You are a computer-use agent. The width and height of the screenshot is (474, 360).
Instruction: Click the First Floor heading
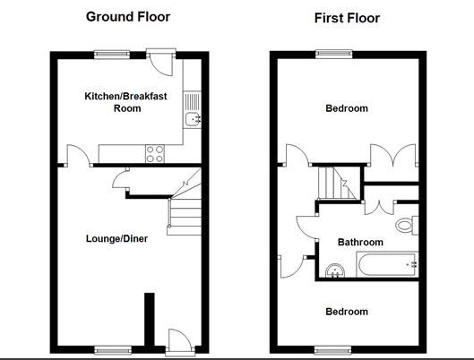point(347,18)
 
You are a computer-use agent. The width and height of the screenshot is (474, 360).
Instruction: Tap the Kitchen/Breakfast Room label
point(126,101)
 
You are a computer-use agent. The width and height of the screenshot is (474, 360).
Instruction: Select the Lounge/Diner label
point(116,239)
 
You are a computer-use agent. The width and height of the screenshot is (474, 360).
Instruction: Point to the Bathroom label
point(360,242)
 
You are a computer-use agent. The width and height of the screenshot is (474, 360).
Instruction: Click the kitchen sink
point(192,120)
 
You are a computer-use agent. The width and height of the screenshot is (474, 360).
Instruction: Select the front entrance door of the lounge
point(178,339)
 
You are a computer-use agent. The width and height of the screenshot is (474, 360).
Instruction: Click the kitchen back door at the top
point(161,64)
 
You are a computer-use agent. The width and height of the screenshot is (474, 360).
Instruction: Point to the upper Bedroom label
point(346,109)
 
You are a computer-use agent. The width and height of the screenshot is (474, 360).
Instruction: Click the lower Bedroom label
point(346,312)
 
